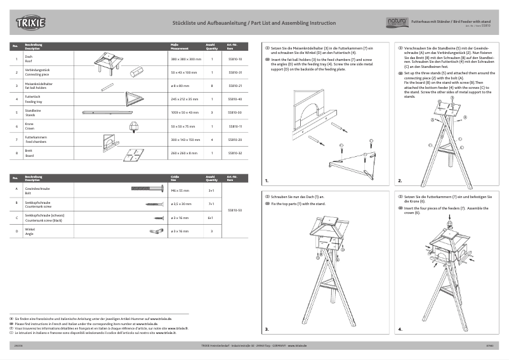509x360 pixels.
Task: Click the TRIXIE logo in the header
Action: (x=31, y=23)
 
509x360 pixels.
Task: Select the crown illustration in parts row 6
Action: (x=134, y=126)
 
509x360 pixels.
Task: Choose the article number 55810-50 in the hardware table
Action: (x=235, y=210)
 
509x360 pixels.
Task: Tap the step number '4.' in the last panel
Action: (x=400, y=330)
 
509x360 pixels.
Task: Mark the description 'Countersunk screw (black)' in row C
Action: (x=45, y=219)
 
